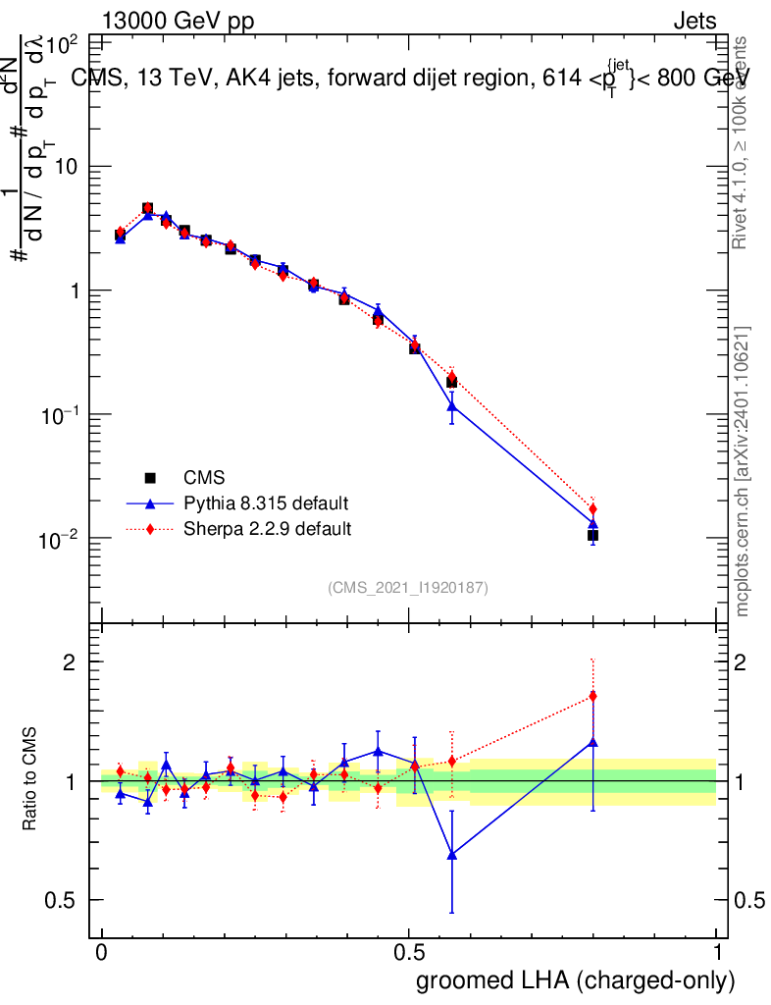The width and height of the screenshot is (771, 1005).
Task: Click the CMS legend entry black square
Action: [x=151, y=478]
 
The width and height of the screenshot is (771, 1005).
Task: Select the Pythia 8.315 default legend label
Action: [x=266, y=503]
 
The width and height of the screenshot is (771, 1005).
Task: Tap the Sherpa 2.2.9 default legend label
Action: [x=268, y=529]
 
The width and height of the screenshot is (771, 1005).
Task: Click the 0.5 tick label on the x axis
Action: [x=409, y=953]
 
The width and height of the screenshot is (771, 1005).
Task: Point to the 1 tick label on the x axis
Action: [x=717, y=953]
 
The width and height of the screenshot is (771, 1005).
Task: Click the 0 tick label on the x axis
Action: [x=101, y=953]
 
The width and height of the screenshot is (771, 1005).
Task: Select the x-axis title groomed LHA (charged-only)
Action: [x=576, y=980]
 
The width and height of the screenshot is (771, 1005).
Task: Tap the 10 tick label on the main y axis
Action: [x=65, y=167]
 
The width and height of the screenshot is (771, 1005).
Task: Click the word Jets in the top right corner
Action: [x=694, y=23]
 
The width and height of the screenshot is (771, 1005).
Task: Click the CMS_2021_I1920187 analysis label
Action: [x=408, y=587]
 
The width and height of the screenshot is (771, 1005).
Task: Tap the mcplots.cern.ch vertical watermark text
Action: [x=743, y=471]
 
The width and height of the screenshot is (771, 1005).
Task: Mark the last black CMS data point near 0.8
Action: [x=592, y=535]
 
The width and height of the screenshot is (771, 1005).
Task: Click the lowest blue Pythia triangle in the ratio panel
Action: [x=451, y=855]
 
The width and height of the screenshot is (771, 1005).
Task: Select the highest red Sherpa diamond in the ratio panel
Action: [x=592, y=696]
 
